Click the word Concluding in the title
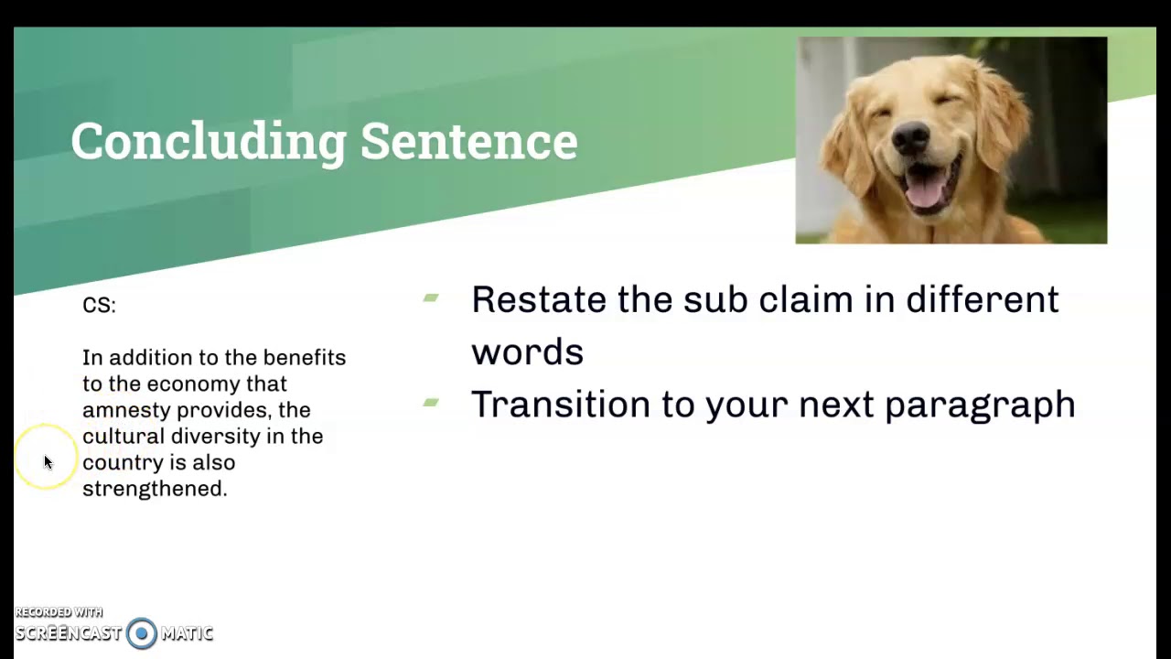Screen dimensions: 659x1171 pyautogui.click(x=209, y=142)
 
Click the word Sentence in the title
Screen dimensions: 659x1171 pyautogui.click(x=468, y=142)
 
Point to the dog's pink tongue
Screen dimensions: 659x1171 pyautogui.click(x=926, y=190)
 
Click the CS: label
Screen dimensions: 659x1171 pyautogui.click(x=99, y=306)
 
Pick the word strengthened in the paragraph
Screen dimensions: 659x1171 pyautogui.click(x=154, y=489)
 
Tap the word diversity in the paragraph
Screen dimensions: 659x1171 pyautogui.click(x=216, y=437)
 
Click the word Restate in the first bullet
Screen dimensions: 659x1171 pyautogui.click(x=538, y=300)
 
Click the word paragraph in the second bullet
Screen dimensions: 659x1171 pyautogui.click(x=980, y=405)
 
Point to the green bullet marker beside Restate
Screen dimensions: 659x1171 pyautogui.click(x=431, y=297)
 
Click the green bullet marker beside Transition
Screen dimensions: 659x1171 pyautogui.click(x=431, y=402)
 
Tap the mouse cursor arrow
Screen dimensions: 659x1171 pyautogui.click(x=48, y=462)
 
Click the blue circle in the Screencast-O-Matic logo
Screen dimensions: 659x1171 pyautogui.click(x=142, y=633)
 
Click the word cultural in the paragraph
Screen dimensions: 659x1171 pyautogui.click(x=124, y=437)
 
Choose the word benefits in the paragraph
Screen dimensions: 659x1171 pyautogui.click(x=305, y=358)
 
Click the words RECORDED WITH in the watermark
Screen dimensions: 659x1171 pyautogui.click(x=59, y=612)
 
